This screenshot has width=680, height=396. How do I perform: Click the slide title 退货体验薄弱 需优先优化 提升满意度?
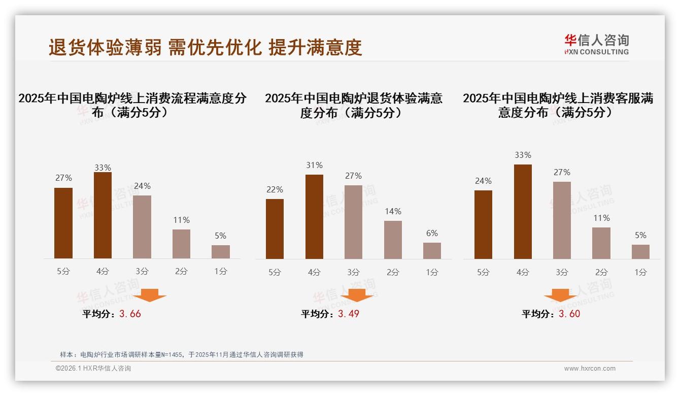pos(205,47)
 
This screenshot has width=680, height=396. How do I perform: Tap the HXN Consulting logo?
pos(596,44)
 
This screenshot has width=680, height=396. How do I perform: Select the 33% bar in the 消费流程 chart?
pos(103,215)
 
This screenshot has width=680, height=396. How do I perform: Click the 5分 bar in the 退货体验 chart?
pos(275,228)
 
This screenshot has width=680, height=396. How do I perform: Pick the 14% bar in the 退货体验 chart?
pos(393,240)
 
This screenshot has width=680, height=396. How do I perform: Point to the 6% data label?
pos(432,233)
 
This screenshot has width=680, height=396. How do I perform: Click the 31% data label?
pos(314,165)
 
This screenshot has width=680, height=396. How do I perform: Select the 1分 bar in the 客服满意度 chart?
pos(640,252)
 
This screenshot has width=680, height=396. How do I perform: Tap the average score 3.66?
pos(130,314)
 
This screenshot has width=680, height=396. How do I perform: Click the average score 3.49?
pos(349,314)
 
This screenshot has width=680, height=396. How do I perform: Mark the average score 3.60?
pos(569,314)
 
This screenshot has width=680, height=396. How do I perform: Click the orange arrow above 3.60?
pos(560,295)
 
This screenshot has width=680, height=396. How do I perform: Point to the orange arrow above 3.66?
pos(150,295)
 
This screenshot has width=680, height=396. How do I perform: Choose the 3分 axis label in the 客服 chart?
pos(562,272)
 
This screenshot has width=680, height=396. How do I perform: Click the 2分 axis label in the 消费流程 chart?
pos(181,271)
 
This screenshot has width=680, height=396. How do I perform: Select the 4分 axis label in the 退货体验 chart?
pos(314,272)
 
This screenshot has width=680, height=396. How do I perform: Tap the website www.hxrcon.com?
pos(590,369)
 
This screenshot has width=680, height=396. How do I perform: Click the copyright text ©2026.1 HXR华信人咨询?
pos(93,369)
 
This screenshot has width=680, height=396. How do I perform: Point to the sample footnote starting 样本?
pos(181,354)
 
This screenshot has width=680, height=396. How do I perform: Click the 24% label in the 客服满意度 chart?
pos(483,181)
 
